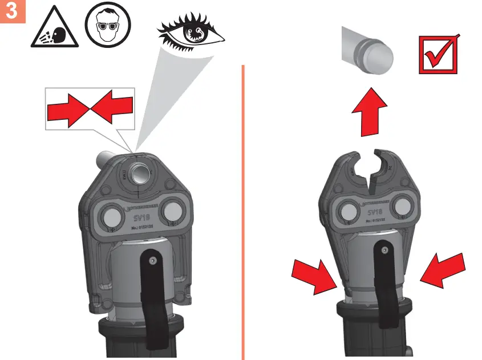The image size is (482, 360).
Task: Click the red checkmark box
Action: click(x=439, y=55)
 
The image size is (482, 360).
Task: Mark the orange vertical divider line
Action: click(x=243, y=211)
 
